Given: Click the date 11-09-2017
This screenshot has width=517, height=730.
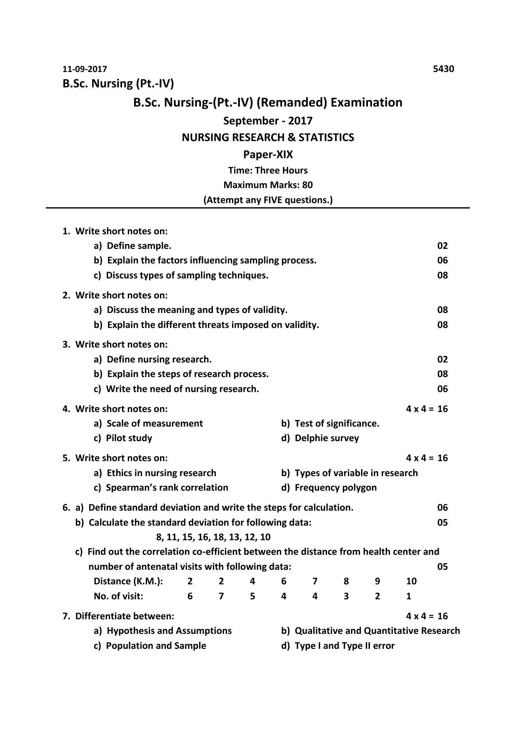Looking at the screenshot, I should pos(85,69).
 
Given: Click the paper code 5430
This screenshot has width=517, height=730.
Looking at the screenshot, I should pos(443,69).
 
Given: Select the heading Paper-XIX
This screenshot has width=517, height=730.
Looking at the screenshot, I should pos(268,155).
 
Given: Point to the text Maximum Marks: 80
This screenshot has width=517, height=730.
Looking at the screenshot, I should pos(268,185).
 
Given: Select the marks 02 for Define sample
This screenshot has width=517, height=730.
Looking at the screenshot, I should pos(442,246).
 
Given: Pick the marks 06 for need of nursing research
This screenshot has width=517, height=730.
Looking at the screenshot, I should pos(442,389).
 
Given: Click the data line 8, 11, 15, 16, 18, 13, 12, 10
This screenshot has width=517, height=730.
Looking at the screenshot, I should pos(213,537).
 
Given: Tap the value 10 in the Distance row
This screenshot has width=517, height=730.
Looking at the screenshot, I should pos(411,581).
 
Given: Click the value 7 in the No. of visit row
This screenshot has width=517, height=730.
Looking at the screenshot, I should pos(221,596).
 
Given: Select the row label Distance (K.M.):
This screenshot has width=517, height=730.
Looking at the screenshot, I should pos(128,581).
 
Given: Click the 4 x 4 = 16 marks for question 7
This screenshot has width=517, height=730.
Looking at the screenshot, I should pos(427,616).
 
